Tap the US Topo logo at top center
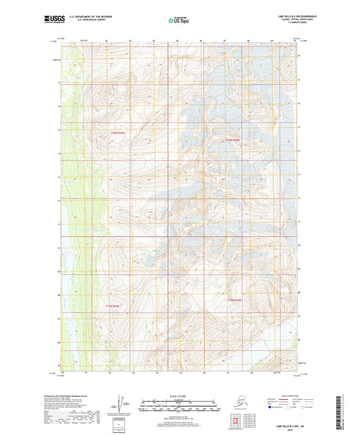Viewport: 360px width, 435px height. pyautogui.click(x=179, y=21)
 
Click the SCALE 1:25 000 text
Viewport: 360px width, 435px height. pyautogui.click(x=179, y=396)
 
